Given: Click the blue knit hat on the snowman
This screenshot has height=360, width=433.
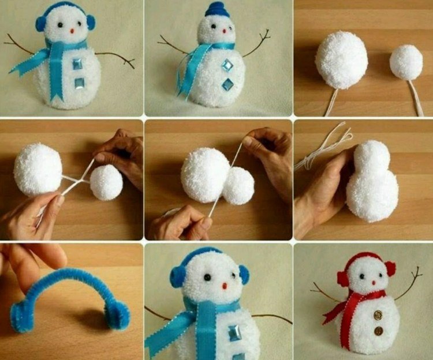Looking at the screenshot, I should pyautogui.click(x=217, y=9).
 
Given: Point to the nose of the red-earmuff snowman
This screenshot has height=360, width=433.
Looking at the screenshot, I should pyautogui.click(x=372, y=282).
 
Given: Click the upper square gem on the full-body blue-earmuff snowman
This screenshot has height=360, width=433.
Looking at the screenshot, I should pyautogui.click(x=77, y=65).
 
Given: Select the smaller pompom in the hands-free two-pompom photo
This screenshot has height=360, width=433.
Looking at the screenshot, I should pyautogui.click(x=406, y=63).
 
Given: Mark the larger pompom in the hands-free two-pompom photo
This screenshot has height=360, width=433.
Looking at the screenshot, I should pyautogui.click(x=342, y=60).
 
